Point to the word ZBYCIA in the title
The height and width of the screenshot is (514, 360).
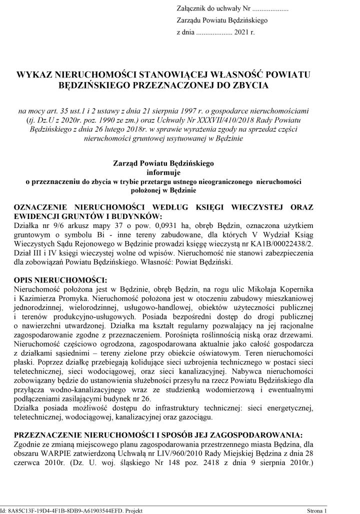click(251, 85)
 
